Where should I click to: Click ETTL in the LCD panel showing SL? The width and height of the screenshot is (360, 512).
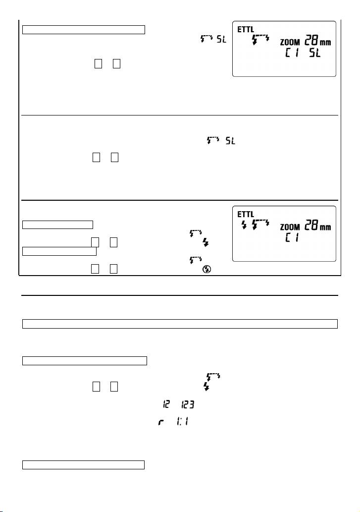click(x=246, y=29)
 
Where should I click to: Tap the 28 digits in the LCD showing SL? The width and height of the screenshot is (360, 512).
click(x=311, y=41)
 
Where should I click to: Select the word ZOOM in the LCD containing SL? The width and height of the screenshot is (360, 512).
click(x=290, y=42)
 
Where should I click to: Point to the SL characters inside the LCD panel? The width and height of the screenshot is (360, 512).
click(x=315, y=52)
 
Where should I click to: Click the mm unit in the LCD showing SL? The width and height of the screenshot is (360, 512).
click(x=325, y=43)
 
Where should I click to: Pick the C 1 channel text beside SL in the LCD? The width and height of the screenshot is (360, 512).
click(x=292, y=52)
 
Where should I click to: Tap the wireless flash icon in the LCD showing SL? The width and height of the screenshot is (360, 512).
click(x=261, y=39)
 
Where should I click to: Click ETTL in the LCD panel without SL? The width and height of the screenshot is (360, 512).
click(x=246, y=214)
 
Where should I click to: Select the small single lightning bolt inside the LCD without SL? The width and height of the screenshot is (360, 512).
click(x=244, y=225)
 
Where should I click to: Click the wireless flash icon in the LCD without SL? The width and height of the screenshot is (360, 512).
click(x=261, y=224)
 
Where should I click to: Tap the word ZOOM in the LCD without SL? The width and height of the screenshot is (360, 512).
click(x=290, y=227)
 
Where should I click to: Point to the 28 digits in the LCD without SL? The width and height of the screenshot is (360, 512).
click(x=311, y=226)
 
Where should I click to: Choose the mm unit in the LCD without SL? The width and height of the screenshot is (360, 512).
click(x=325, y=228)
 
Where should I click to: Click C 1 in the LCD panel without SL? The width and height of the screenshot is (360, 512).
click(x=292, y=237)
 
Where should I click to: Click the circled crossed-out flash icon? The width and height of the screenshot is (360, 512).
click(x=206, y=269)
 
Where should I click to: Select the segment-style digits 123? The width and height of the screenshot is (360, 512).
click(x=188, y=405)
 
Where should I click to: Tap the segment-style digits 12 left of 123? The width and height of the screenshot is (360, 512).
click(x=166, y=404)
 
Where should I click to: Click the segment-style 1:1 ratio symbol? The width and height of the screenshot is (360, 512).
click(x=182, y=422)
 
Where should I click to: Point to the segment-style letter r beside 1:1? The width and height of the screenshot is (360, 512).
click(x=161, y=422)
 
